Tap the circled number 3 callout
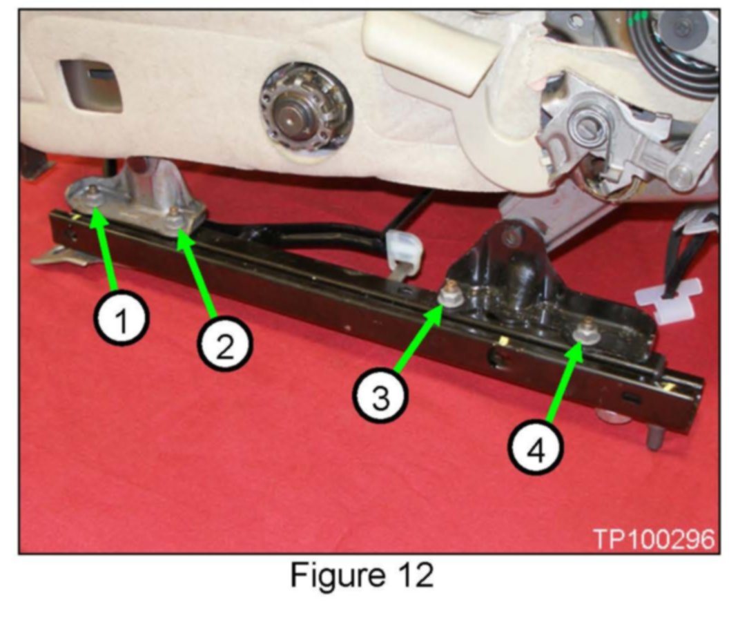tap(380, 396)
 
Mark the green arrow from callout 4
tap(567, 382)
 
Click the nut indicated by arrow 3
tap(450, 297)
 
